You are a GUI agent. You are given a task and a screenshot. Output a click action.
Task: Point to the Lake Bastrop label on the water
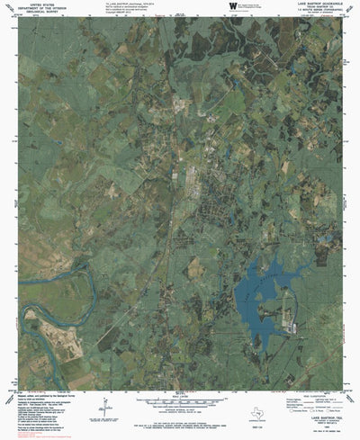(261, 282)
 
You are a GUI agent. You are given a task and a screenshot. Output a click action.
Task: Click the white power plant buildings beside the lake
(286, 321)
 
